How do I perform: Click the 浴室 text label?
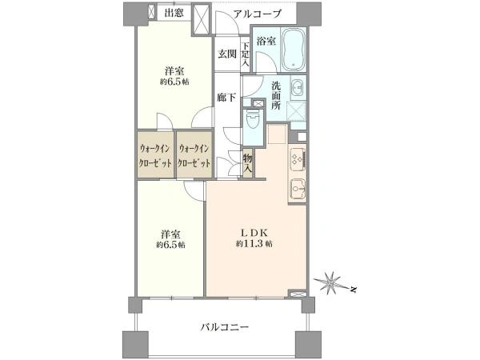266,41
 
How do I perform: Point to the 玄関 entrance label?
226,54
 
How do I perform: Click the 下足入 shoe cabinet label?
246,54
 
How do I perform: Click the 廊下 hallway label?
227,98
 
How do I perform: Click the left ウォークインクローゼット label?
154,154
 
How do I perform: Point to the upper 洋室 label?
173,70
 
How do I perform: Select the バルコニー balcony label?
225,328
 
